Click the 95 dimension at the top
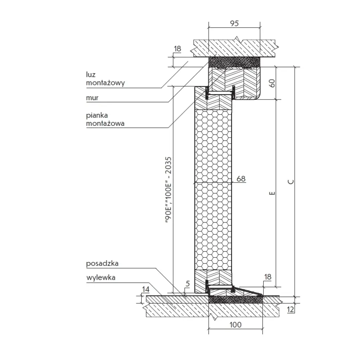coord(234,24)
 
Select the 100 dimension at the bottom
coord(235,324)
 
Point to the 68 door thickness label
coord(241,179)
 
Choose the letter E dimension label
coord(271,193)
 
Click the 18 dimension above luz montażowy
coord(178,49)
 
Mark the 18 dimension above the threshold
coord(268,277)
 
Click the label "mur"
coord(92,98)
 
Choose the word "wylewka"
coord(101,278)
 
